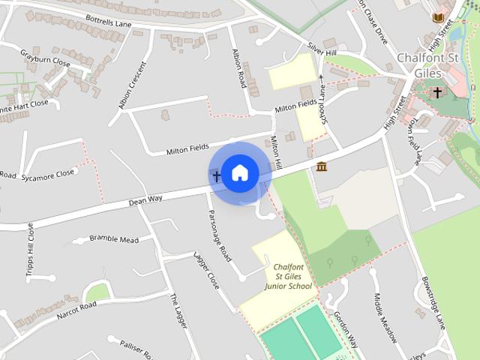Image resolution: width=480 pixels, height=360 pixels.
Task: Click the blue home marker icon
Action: tap(239, 172)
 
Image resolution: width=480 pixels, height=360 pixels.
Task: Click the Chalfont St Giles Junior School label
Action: tap(288, 277)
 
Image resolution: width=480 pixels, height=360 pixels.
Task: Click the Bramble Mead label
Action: tap(114, 239)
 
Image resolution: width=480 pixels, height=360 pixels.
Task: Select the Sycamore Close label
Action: tap(48, 173)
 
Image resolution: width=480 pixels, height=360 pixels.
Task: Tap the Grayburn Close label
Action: tap(45, 58)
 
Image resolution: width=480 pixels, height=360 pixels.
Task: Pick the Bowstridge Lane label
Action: tap(433, 298)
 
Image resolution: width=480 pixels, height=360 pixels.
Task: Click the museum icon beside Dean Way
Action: tap(321, 166)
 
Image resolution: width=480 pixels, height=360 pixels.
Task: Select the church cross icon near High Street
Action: tap(437, 92)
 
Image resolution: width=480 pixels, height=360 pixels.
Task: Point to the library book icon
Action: tap(437, 16)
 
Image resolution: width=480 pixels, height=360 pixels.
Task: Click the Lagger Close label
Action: tap(205, 271)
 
